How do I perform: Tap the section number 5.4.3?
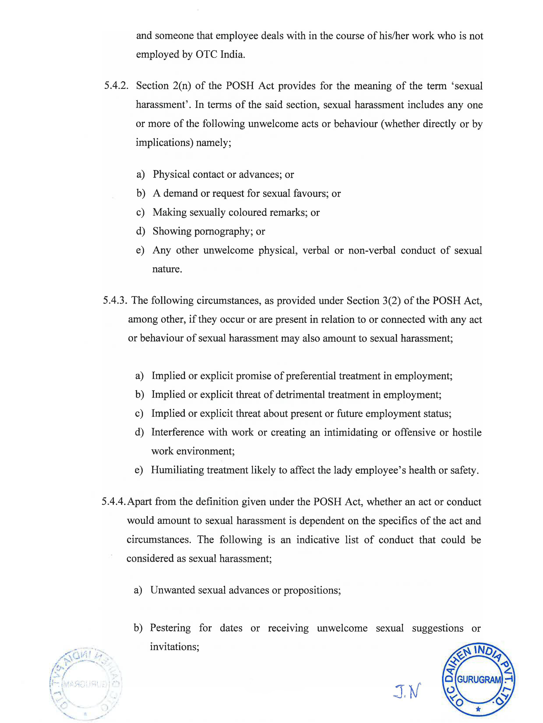tap(115, 300)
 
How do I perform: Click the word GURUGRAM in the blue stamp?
tap(479, 679)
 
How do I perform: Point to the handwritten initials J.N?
tap(407, 690)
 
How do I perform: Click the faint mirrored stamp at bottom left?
tap(86, 683)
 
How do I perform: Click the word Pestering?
tap(170, 628)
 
